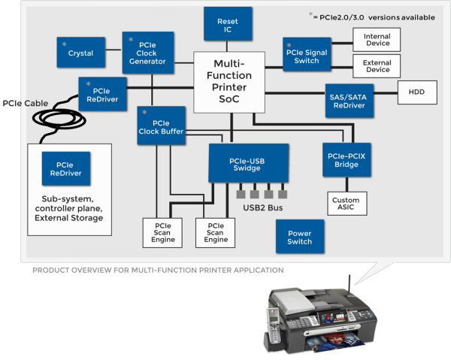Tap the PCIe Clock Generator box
(149, 53)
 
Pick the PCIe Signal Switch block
(307, 54)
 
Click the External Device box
(377, 65)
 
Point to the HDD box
(416, 92)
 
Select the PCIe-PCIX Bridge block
(347, 160)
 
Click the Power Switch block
(299, 237)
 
